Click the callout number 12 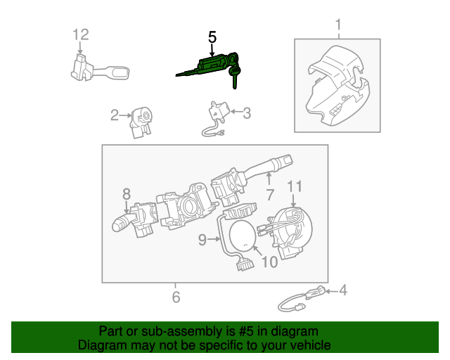(x=81, y=34)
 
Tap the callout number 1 (x=337, y=26)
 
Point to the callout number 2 (x=114, y=115)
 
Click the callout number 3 (x=246, y=112)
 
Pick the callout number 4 (x=342, y=289)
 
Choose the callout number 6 (x=175, y=297)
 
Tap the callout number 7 (x=269, y=195)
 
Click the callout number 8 (x=127, y=193)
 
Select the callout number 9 (x=202, y=240)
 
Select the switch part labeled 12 (x=98, y=67)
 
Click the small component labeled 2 (x=142, y=120)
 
